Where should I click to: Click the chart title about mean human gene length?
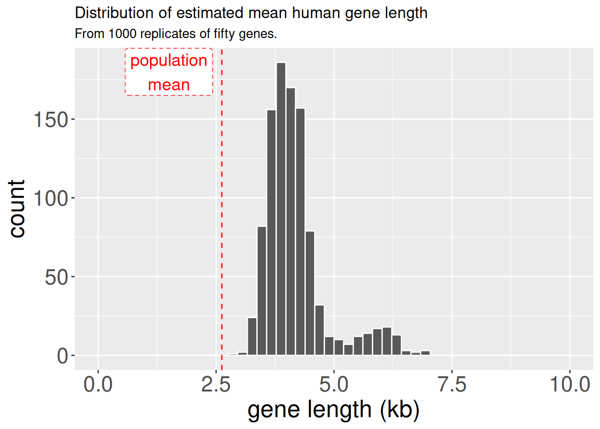click(251, 13)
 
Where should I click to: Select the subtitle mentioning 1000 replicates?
click(175, 34)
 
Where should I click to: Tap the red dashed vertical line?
click(222, 223)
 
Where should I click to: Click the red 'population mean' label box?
click(169, 72)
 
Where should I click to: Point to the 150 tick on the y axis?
click(50, 120)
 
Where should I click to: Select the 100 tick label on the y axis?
click(50, 198)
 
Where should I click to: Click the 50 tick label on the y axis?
click(56, 278)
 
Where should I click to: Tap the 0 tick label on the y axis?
click(62, 356)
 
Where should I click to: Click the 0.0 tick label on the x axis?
click(98, 384)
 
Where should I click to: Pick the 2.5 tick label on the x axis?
click(216, 384)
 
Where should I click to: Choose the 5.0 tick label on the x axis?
click(334, 384)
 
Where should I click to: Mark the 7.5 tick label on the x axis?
click(452, 384)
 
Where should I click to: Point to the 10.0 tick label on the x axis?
click(570, 384)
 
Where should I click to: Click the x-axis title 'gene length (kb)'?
click(333, 410)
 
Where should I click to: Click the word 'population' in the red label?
click(169, 60)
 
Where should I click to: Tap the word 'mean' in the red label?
click(169, 84)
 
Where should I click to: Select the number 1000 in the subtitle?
click(122, 34)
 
